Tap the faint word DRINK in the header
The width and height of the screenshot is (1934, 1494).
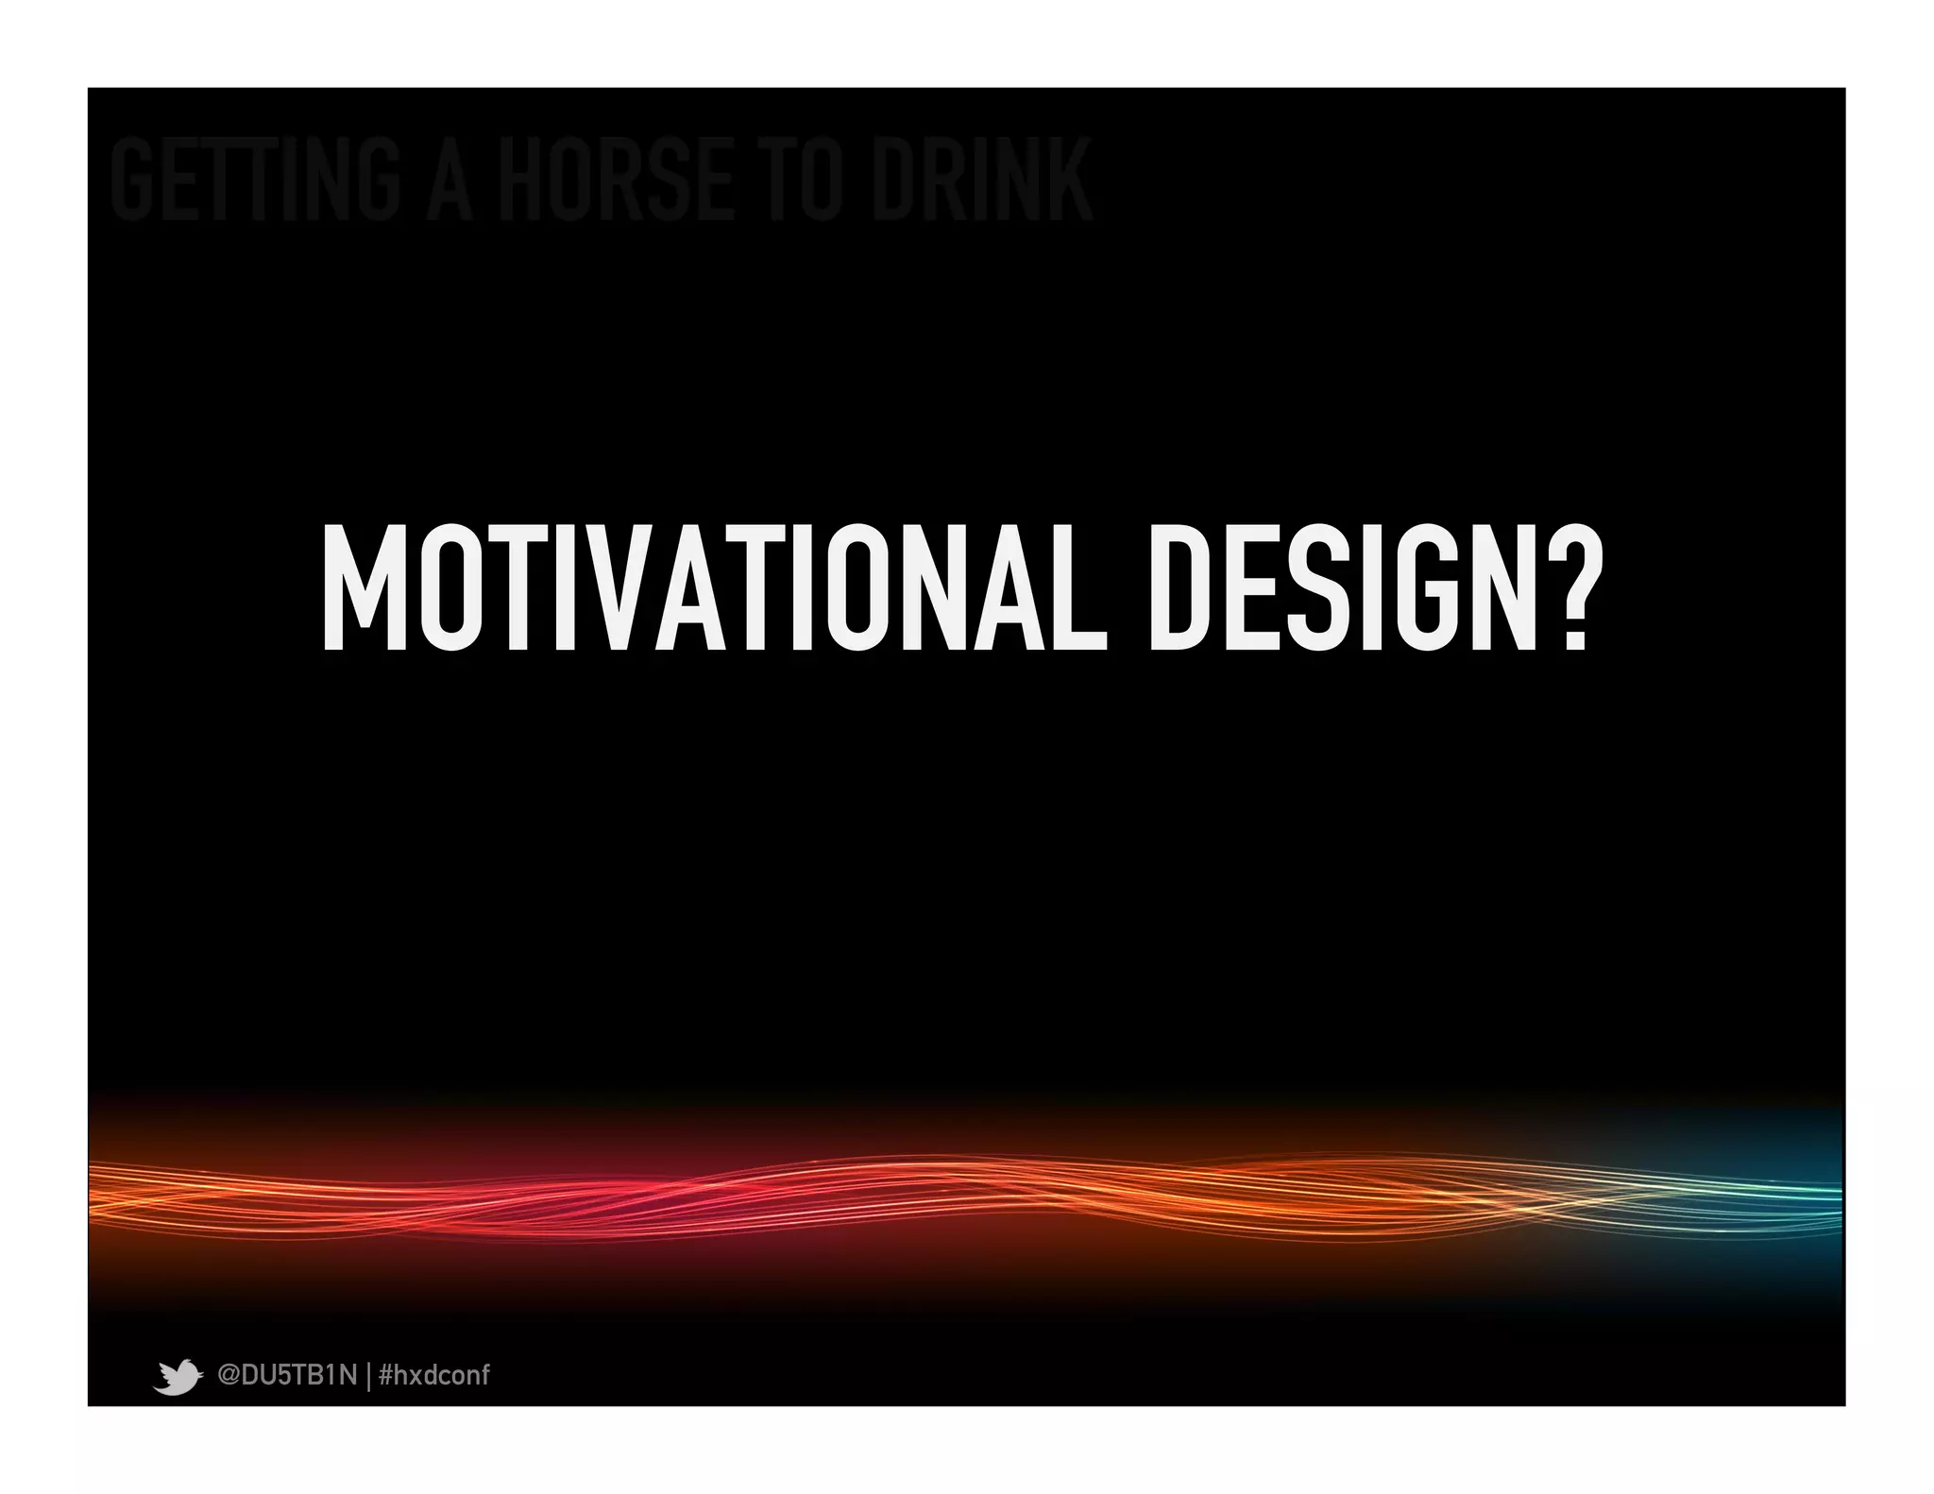coord(982,179)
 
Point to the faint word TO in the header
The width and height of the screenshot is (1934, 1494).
coord(803,179)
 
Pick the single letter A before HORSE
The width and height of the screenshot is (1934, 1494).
coord(449,179)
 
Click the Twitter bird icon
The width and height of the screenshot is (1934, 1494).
coord(178,1376)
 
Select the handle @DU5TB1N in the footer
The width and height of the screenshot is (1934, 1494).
coord(287,1375)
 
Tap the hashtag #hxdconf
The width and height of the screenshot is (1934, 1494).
coord(433,1375)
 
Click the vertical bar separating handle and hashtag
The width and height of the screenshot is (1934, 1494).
coord(367,1376)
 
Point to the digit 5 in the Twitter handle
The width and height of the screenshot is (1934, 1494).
coord(281,1375)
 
